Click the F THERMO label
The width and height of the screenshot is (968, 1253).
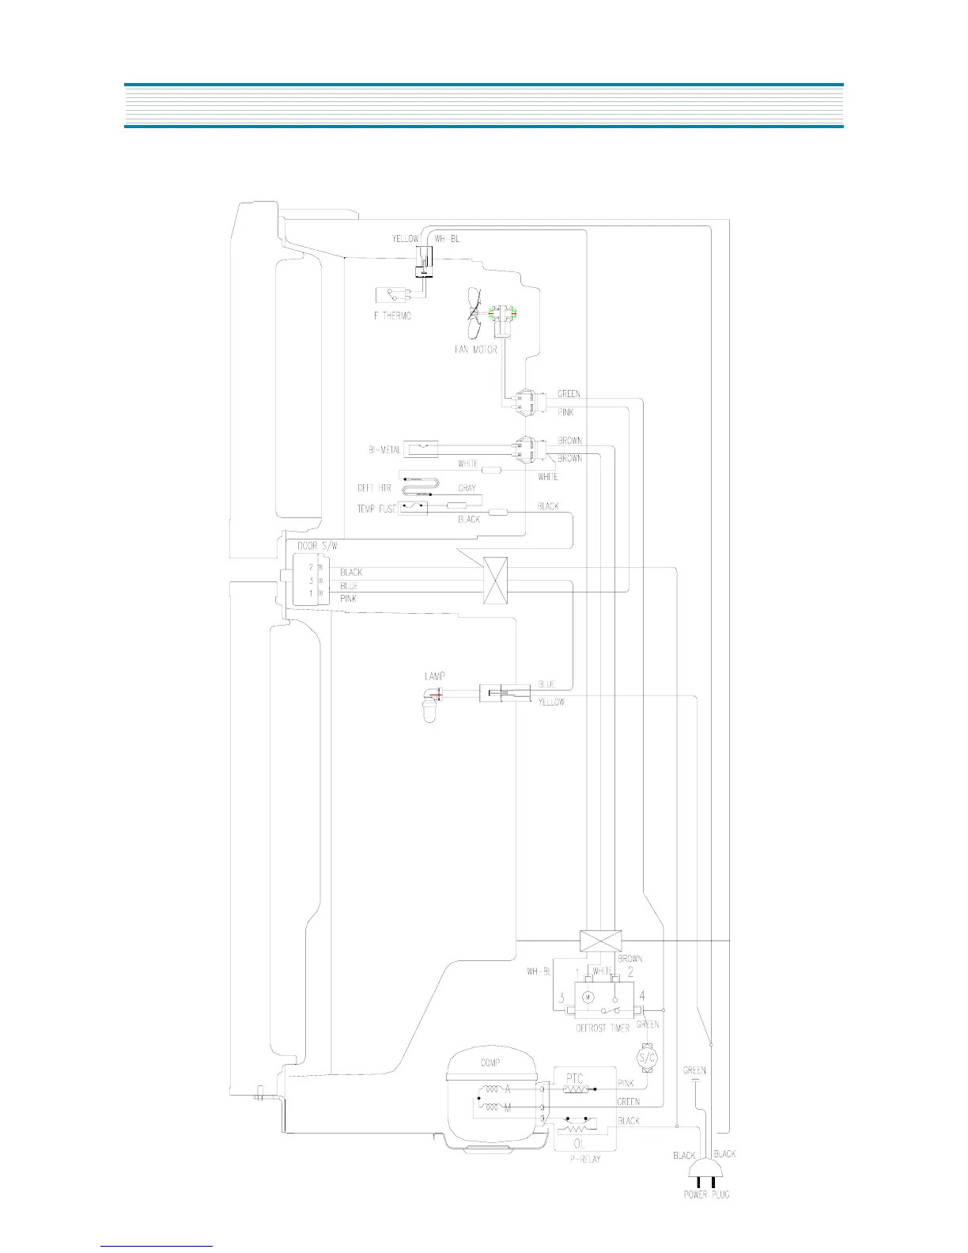(392, 316)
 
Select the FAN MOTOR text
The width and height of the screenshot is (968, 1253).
(475, 350)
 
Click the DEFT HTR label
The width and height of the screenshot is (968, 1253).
(374, 488)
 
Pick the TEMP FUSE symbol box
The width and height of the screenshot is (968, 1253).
(413, 507)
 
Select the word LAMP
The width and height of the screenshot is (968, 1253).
(434, 676)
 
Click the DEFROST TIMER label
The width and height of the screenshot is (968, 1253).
(603, 1028)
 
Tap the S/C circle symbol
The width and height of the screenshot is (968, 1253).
(647, 1058)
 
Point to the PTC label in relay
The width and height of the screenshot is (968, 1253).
(575, 1078)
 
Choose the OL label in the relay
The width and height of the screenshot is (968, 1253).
(580, 1143)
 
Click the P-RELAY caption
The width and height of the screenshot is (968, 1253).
(584, 1159)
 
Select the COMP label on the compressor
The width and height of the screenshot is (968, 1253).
(490, 1063)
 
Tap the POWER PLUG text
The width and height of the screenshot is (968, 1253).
(706, 1194)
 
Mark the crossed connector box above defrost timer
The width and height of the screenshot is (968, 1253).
(600, 941)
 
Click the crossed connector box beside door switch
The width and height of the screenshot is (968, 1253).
(495, 581)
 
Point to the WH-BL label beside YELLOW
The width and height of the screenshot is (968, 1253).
(447, 239)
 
